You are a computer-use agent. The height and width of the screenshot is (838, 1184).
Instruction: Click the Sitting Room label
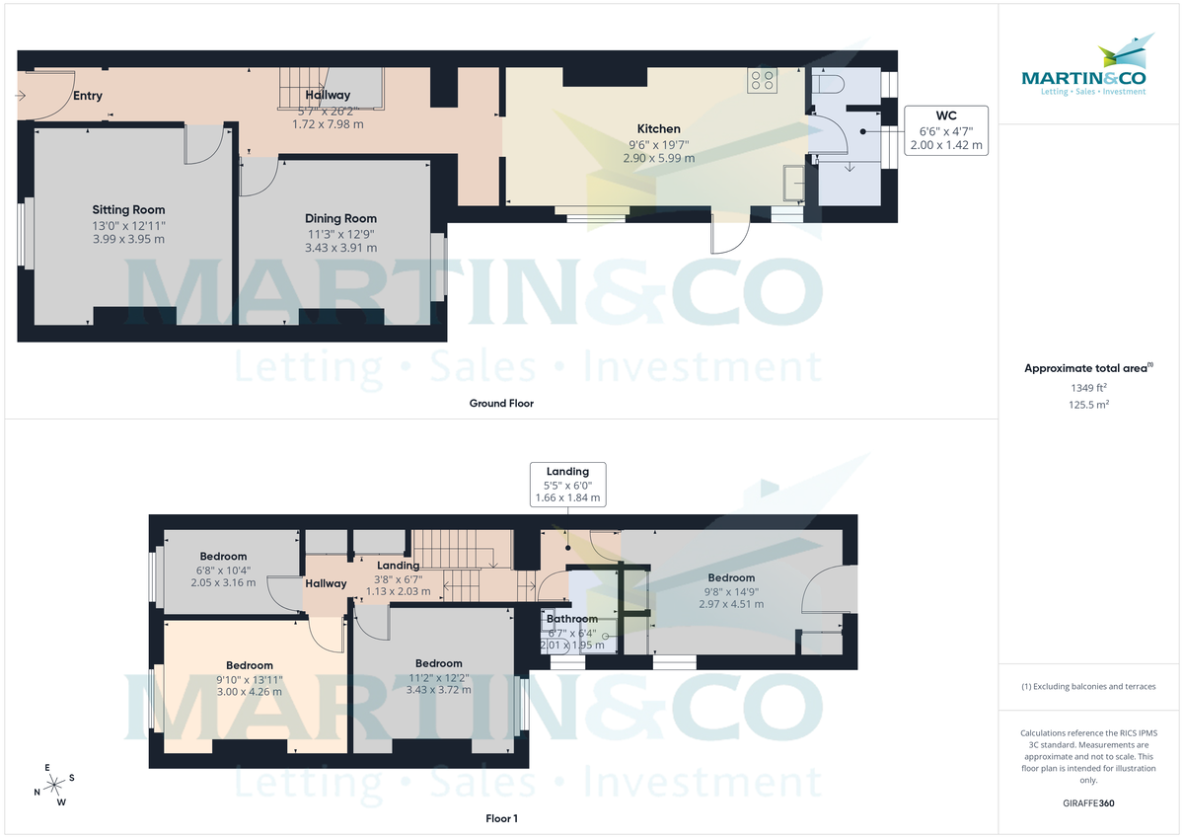(128, 209)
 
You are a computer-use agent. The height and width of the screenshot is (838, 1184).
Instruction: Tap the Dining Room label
(340, 218)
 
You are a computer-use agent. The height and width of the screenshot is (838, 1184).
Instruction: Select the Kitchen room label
(658, 128)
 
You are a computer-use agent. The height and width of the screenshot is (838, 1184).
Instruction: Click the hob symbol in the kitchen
(762, 80)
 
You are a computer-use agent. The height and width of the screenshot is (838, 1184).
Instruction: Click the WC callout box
(945, 130)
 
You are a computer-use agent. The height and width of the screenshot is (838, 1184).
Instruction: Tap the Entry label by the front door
(87, 96)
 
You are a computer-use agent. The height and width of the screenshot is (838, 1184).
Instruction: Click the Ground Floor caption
(501, 403)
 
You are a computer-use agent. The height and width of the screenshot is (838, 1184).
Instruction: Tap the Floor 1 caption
(501, 818)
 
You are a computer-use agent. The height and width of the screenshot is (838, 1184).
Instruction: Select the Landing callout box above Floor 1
(567, 485)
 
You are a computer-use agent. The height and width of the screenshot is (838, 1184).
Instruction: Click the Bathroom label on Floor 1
(572, 619)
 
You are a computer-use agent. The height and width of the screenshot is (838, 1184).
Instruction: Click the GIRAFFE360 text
(1088, 803)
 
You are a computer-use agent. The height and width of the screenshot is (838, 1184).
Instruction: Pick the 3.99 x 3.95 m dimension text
(128, 239)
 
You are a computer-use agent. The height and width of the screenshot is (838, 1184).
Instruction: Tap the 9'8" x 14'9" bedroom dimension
(730, 591)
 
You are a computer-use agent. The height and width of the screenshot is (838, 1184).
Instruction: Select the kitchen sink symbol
(793, 183)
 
